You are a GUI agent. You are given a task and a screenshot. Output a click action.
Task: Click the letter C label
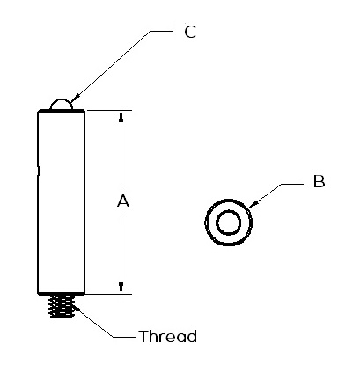(190, 32)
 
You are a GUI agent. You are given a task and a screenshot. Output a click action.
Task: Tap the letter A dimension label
(123, 201)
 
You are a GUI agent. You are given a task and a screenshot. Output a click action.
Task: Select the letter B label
(320, 181)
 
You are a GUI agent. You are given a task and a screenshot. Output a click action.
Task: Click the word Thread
(168, 336)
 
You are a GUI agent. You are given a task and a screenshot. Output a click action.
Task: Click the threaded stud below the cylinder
(62, 306)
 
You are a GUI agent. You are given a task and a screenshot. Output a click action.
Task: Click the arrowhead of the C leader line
(75, 99)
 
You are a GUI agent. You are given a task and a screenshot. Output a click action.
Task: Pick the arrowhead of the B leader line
(253, 205)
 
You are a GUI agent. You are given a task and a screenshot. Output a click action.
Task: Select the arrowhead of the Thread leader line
(75, 307)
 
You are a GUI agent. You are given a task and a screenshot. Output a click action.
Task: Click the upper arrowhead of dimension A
(121, 115)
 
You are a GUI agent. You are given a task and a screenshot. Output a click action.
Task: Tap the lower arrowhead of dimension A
(121, 288)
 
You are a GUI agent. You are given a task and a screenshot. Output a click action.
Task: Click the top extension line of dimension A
(109, 110)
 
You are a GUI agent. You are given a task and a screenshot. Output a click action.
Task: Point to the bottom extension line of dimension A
(109, 294)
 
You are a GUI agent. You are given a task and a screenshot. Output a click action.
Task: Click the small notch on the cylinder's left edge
(39, 171)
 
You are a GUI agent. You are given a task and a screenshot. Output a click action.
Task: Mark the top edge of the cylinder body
(62, 111)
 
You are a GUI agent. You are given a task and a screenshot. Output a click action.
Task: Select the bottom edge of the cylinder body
(62, 293)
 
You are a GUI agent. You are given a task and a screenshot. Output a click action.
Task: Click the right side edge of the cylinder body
(84, 202)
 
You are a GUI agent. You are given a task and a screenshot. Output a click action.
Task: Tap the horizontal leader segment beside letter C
(161, 31)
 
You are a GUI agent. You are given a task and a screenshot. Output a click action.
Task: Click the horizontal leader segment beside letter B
(292, 184)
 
